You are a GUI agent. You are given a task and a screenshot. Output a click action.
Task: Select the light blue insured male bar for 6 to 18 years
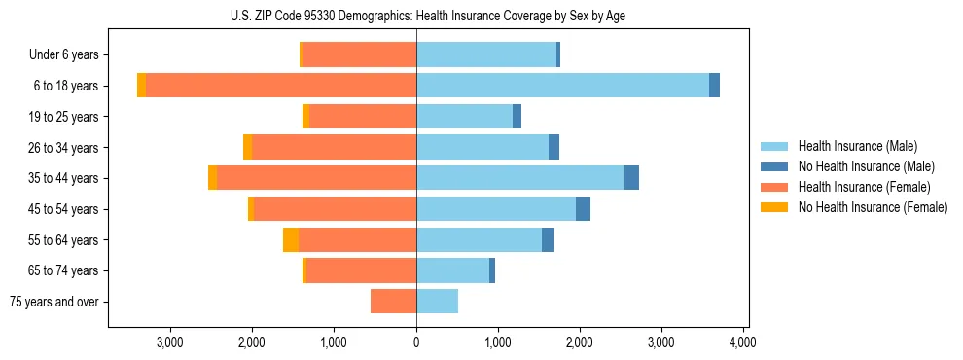click(562, 86)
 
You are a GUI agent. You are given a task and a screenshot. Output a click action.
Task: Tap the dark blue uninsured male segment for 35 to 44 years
click(631, 178)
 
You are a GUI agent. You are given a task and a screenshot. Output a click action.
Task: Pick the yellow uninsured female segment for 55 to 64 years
click(291, 240)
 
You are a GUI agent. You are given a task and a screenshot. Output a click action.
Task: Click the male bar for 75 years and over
click(437, 302)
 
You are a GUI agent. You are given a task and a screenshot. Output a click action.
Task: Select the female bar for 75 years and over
click(393, 302)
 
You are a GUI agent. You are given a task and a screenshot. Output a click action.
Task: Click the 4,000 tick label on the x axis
click(743, 342)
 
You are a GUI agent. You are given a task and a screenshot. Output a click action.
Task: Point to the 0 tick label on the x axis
click(416, 342)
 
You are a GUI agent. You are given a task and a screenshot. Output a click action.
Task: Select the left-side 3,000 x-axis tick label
click(170, 342)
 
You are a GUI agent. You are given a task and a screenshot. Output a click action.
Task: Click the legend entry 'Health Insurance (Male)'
click(857, 146)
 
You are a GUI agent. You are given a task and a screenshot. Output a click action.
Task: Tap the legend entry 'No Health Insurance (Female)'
click(873, 207)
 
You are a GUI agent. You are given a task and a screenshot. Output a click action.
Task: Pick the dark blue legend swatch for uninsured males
click(774, 166)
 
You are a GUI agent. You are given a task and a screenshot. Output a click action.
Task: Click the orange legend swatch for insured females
click(774, 187)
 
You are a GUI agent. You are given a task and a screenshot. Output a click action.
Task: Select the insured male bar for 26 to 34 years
click(481, 148)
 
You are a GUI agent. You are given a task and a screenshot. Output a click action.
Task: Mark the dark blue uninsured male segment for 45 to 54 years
click(583, 209)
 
